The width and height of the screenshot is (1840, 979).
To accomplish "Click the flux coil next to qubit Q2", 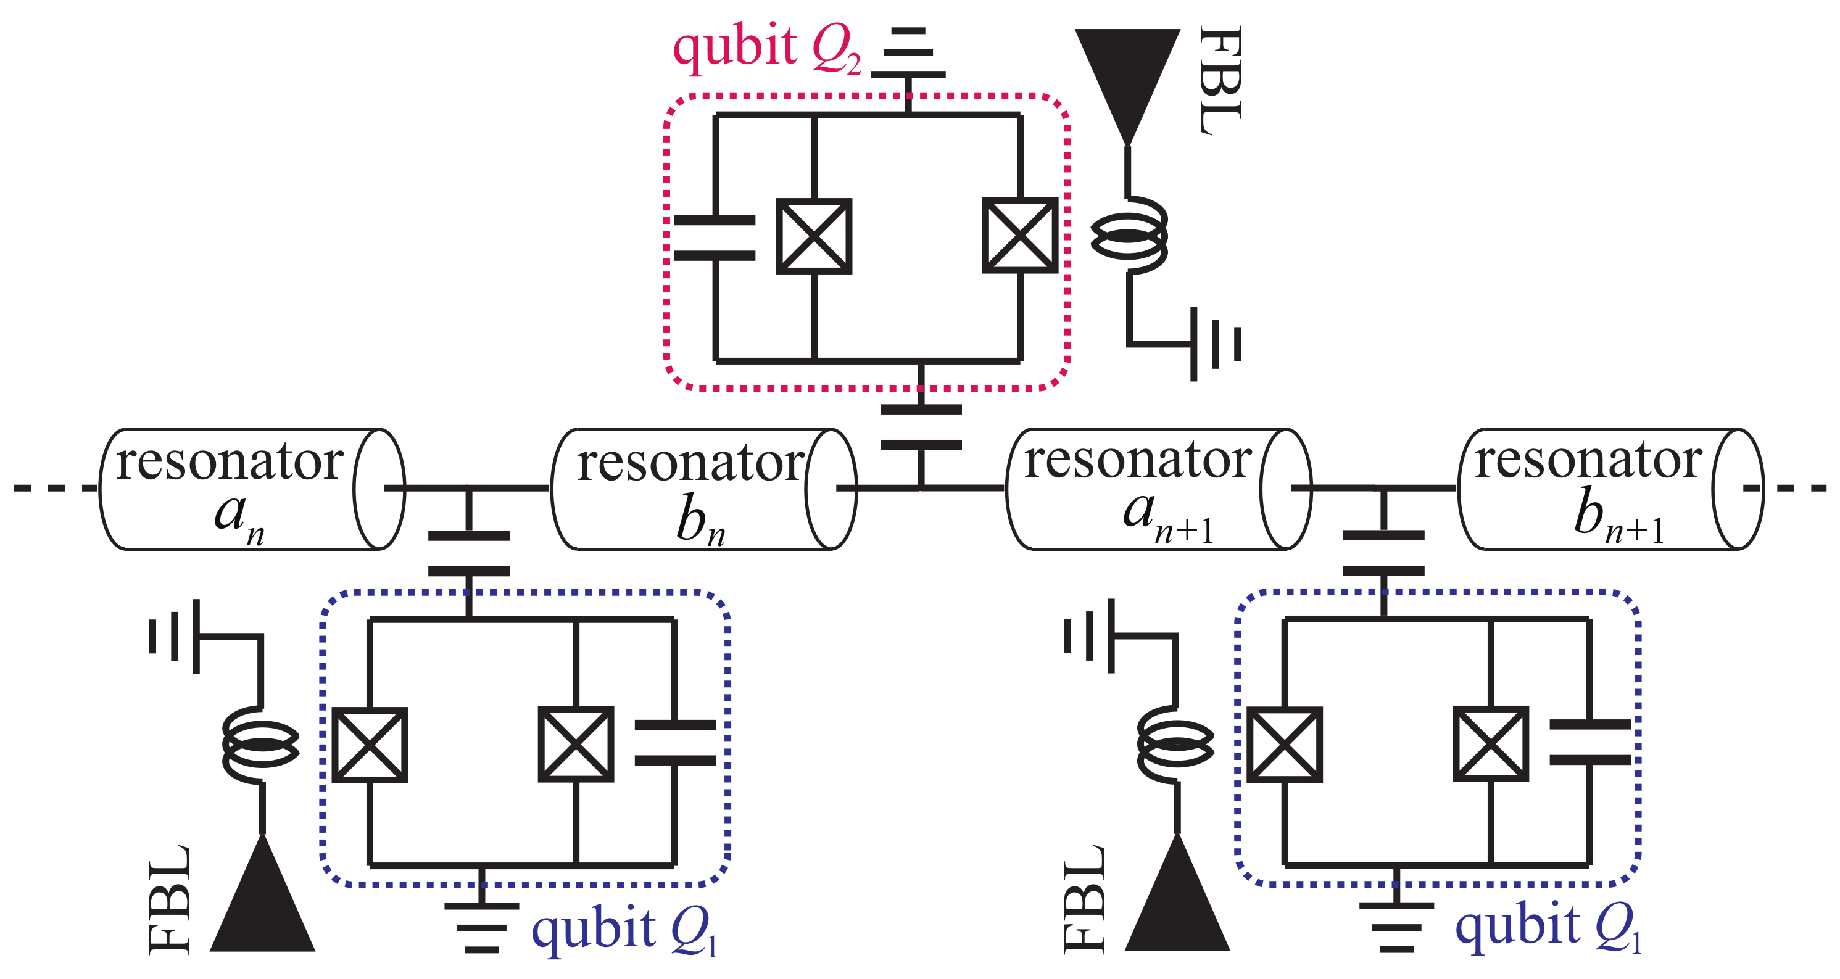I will coord(1129,236).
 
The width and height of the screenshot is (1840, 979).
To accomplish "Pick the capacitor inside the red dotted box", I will coord(715,238).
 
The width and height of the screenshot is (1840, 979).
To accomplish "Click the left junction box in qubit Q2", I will coord(814,236).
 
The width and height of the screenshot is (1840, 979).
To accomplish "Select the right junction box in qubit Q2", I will coord(1020,236).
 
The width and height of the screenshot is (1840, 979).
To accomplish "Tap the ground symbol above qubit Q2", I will coord(908,54).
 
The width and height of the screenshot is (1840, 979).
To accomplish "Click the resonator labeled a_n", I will coord(250,489).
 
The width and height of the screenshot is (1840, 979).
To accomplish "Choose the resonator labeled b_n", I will coord(703,489).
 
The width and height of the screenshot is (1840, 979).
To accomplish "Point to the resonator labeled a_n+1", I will coord(1157,489).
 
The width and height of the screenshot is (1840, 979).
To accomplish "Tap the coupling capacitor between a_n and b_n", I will coord(468,553).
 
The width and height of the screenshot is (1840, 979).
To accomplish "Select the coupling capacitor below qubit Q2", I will coord(921,427).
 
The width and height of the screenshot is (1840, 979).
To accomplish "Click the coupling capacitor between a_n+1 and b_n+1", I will coord(1383,553).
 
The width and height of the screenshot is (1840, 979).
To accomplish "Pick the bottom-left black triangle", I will coord(262,903).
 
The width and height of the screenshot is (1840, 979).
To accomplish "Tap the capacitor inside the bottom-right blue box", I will coord(1590,743).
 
